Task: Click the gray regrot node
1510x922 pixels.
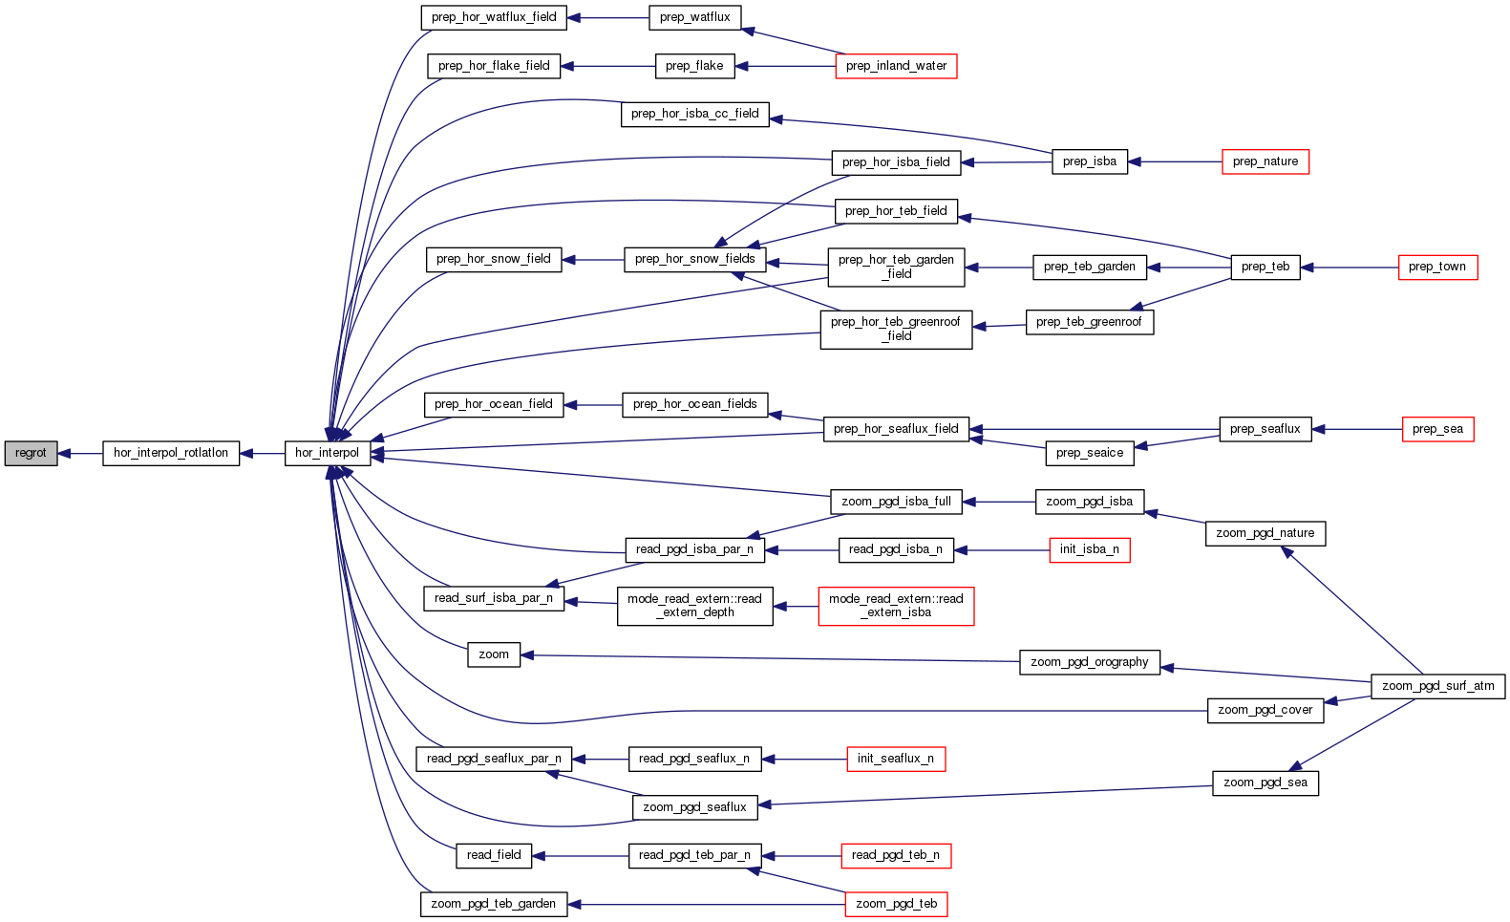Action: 31,453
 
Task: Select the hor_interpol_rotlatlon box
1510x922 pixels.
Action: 171,453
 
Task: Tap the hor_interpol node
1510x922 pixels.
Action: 327,453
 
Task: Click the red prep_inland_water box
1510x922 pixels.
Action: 896,66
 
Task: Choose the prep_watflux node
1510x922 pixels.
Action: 694,17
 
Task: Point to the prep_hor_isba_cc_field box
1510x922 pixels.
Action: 694,114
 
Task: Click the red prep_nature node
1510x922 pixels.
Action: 1265,161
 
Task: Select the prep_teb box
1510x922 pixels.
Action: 1265,267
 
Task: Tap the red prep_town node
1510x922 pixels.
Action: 1436,267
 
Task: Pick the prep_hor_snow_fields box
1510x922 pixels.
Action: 694,259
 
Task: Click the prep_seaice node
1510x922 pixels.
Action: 1089,453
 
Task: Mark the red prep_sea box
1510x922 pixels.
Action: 1437,429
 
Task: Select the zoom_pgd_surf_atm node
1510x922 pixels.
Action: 1437,686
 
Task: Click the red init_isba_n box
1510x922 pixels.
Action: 1089,549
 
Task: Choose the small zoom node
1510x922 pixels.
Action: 494,654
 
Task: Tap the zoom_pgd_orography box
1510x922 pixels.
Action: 1089,662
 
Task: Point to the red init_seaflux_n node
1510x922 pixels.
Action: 895,759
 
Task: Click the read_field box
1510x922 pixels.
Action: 494,855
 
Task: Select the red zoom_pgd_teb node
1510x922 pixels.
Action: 896,904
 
